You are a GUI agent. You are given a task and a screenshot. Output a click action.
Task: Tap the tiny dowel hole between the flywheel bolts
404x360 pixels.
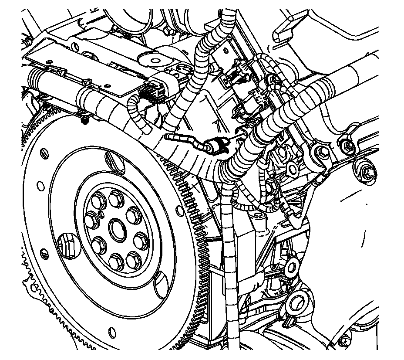(x=101, y=214)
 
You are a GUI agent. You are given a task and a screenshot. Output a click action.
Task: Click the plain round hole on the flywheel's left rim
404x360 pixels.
(x=40, y=187)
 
